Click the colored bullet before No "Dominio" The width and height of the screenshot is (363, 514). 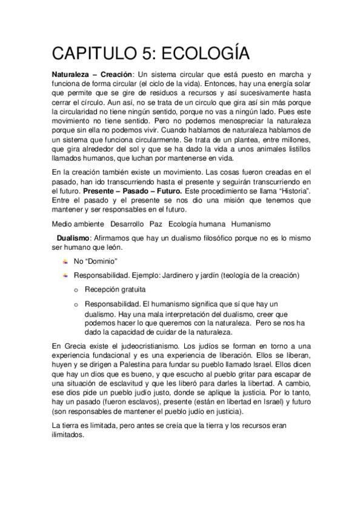(x=65, y=261)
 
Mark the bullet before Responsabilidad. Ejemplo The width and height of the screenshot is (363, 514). (x=65, y=276)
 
